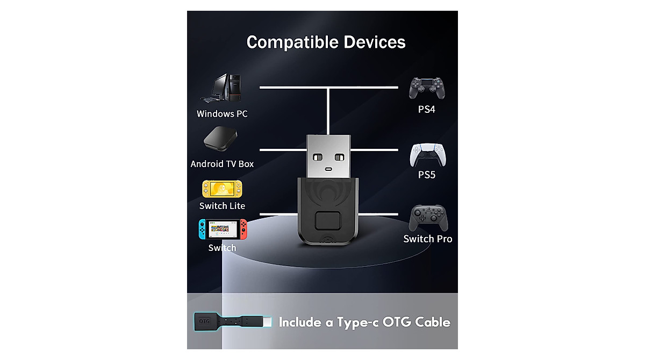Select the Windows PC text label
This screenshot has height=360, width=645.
tap(222, 114)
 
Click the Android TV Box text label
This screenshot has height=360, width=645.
tap(222, 164)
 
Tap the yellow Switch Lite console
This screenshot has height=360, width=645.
tap(222, 189)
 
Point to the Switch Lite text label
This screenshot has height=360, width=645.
tap(222, 206)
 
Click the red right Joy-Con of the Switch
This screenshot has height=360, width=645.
tap(243, 229)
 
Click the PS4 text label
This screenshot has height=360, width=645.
tap(427, 110)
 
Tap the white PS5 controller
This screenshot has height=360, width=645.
tap(427, 155)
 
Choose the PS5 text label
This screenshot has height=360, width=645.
tap(427, 175)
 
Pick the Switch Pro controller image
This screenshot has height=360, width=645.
tap(427, 218)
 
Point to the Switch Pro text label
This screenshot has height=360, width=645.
tap(428, 239)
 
